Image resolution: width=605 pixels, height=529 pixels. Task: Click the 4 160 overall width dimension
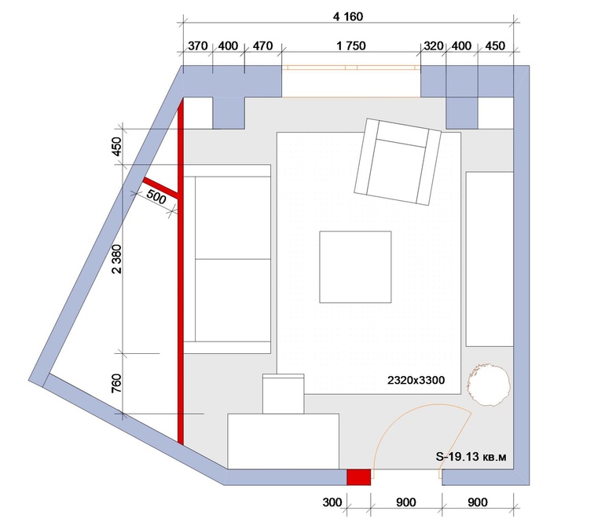pyautogui.click(x=347, y=16)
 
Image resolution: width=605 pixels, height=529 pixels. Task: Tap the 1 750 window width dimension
pyautogui.click(x=350, y=46)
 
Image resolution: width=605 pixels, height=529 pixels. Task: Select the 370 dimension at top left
pyautogui.click(x=197, y=46)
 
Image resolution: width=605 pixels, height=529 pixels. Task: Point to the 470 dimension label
pyautogui.click(x=262, y=46)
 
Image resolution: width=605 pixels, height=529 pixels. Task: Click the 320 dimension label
pyautogui.click(x=433, y=46)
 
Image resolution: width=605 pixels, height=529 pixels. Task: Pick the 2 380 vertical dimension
pyautogui.click(x=116, y=259)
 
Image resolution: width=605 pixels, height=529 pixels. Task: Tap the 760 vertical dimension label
pyautogui.click(x=116, y=383)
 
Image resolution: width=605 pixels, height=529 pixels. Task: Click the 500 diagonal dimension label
pyautogui.click(x=156, y=197)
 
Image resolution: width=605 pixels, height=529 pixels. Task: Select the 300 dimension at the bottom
pyautogui.click(x=332, y=502)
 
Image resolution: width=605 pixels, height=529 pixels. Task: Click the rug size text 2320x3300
pyautogui.click(x=416, y=381)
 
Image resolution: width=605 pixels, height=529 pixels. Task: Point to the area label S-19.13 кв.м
pyautogui.click(x=471, y=457)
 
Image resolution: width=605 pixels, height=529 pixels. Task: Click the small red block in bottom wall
pyautogui.click(x=358, y=477)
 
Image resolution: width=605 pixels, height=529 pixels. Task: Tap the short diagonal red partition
pyautogui.click(x=160, y=188)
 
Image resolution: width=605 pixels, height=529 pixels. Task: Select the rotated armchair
pyautogui.click(x=398, y=162)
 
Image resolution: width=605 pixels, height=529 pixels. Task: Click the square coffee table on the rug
pyautogui.click(x=355, y=267)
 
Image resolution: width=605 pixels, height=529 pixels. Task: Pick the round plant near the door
pyautogui.click(x=489, y=384)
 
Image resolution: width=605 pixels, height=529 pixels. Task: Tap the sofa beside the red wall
pyautogui.click(x=227, y=259)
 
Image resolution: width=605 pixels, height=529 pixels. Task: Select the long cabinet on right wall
pyautogui.click(x=489, y=259)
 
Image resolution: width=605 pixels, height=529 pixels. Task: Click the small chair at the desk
pyautogui.click(x=283, y=393)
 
